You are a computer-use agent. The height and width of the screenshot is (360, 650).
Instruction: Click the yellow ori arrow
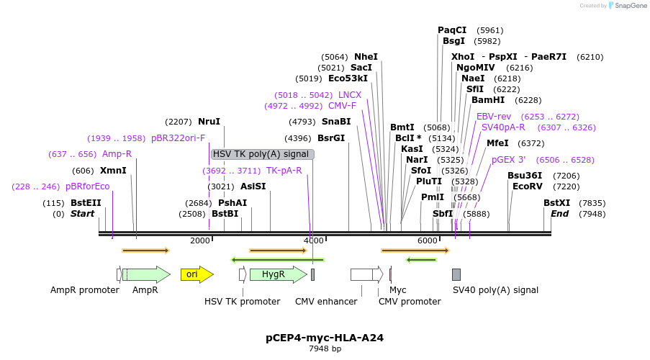coord(196,274)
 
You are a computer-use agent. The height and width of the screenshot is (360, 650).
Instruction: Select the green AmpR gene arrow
coord(145,274)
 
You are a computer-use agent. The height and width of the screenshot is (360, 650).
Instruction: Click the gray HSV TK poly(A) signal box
coord(262,154)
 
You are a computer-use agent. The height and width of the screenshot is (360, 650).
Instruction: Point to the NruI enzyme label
coord(209,122)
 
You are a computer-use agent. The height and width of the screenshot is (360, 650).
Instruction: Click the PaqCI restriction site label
coord(452,30)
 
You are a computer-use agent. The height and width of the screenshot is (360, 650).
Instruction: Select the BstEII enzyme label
coord(86,203)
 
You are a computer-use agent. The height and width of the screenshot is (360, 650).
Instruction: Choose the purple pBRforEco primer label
coord(87,186)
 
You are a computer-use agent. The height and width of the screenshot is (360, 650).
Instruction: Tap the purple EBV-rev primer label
coord(493,116)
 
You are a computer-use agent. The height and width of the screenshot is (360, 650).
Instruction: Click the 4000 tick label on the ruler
coord(313,240)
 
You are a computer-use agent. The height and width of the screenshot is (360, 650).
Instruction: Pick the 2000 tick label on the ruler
coord(199,240)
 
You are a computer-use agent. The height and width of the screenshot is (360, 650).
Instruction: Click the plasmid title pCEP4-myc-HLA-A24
coord(325,337)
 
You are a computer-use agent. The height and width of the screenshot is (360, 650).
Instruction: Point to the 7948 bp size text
coord(325,348)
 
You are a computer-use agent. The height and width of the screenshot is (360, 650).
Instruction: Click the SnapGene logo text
coord(630,6)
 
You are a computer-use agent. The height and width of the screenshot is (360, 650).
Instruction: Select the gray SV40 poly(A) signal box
coord(456,274)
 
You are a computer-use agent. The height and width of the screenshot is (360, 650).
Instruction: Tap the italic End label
coord(559,214)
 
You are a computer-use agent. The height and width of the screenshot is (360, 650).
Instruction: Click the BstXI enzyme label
coord(556,203)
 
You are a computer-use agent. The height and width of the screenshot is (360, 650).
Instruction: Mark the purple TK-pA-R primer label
coord(284,171)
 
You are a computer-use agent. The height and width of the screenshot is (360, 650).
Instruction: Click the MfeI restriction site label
coord(497,143)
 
